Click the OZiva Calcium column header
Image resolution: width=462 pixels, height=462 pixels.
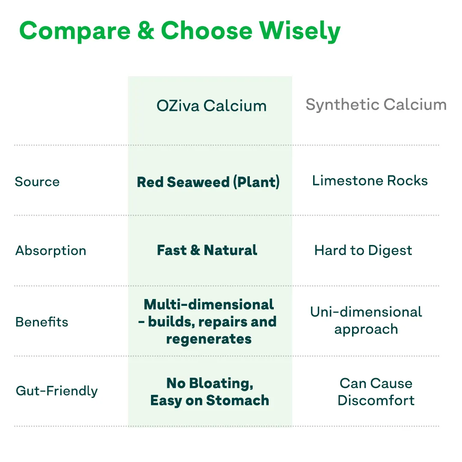211,106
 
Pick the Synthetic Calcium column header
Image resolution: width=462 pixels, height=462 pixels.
376,105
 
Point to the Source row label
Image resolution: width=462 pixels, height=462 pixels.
37,181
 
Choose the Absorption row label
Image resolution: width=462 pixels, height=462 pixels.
50,251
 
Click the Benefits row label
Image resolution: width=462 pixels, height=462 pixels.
41,322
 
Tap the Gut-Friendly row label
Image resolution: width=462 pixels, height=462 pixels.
56,391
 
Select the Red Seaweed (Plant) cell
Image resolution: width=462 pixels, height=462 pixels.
208,182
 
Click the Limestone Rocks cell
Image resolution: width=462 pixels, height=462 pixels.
370,181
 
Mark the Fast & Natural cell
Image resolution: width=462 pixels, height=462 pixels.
207,250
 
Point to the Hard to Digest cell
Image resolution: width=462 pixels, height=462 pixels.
363,250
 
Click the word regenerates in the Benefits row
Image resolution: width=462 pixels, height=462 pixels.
209,339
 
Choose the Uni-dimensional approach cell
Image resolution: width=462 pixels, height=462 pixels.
366,320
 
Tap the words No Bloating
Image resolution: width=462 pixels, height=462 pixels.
210,383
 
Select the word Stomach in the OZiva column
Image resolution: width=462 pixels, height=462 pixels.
237,401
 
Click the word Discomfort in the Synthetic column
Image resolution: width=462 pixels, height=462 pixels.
376,401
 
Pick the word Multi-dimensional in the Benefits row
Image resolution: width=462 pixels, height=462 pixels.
209,305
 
